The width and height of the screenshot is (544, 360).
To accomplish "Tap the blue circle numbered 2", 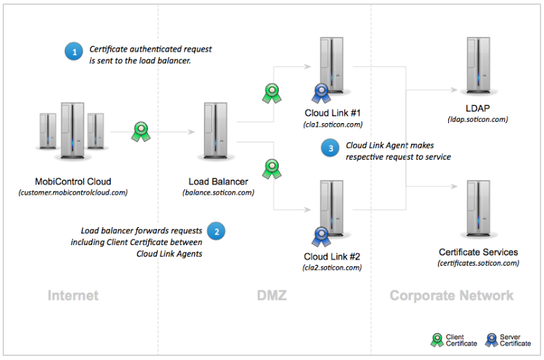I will click(x=216, y=232).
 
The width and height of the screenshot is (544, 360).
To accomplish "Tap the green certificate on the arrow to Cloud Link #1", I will click(x=270, y=93).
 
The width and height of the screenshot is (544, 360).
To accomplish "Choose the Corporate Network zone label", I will click(x=451, y=296).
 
